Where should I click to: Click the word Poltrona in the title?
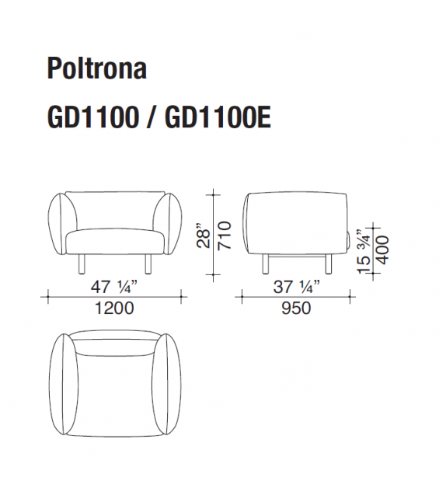tap(96, 69)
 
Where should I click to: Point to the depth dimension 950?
tap(295, 309)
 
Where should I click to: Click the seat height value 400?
tap(382, 248)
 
